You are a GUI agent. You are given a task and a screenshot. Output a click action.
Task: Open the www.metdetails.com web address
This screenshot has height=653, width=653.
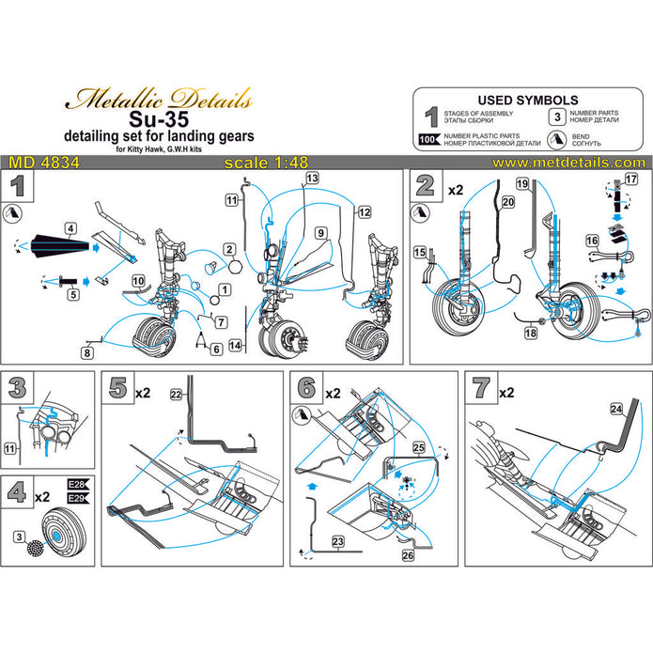(x=582, y=163)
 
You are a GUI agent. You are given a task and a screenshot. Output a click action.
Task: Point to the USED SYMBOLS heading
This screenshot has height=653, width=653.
(x=528, y=100)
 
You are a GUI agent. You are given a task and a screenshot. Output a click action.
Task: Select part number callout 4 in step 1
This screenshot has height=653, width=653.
(x=70, y=227)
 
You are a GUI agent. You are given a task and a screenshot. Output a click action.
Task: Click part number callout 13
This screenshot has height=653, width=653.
(x=311, y=178)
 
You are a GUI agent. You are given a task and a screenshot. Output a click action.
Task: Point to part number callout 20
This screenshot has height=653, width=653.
(x=507, y=202)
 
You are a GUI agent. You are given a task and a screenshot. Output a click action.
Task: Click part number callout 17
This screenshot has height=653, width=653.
(x=630, y=179)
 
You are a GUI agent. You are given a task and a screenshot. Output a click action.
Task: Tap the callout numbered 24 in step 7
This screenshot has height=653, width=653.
(x=615, y=409)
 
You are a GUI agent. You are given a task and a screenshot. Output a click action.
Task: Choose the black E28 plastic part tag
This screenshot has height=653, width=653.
(x=77, y=486)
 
